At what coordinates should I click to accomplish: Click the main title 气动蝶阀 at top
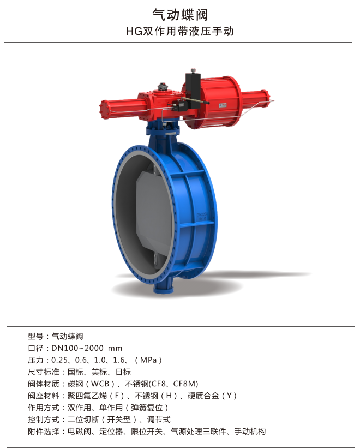[x=180, y=15]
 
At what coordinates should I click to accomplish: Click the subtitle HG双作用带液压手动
[x=180, y=31]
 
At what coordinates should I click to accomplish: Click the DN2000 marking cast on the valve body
[x=202, y=214]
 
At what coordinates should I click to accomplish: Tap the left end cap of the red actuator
[x=103, y=110]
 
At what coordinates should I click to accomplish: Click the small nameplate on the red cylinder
[x=223, y=105]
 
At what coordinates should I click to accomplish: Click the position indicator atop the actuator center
[x=163, y=87]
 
